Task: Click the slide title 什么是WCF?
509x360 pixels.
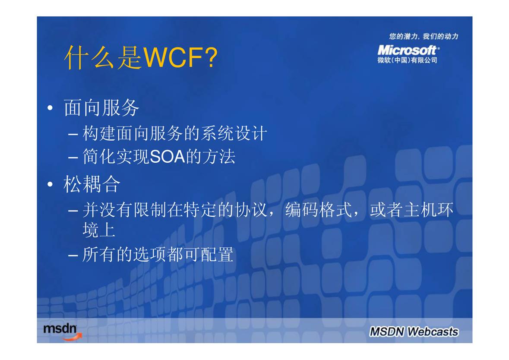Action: pos(141,57)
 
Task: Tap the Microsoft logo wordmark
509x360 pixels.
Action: pos(408,50)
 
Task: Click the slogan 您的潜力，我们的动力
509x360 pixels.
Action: pos(424,36)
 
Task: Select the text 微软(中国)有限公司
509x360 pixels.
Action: pos(407,60)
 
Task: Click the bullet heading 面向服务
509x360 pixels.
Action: pos(101,107)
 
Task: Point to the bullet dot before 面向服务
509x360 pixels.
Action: pos(50,108)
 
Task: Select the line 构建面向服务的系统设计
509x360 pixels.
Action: pos(175,133)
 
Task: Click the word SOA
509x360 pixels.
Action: pos(167,157)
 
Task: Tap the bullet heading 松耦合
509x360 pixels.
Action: pos(92,184)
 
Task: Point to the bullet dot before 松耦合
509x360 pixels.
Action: pos(50,184)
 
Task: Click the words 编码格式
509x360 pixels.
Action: pos(319,210)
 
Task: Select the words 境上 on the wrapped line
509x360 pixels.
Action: pos(99,230)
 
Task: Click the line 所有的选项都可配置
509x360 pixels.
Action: pos(158,254)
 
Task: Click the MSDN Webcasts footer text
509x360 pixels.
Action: pos(414,332)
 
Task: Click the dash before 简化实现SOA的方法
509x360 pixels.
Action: pos(73,158)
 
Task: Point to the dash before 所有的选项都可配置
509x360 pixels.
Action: pos(73,256)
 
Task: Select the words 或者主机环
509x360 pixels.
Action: pos(411,210)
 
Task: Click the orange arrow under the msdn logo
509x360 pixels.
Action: pos(73,338)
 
